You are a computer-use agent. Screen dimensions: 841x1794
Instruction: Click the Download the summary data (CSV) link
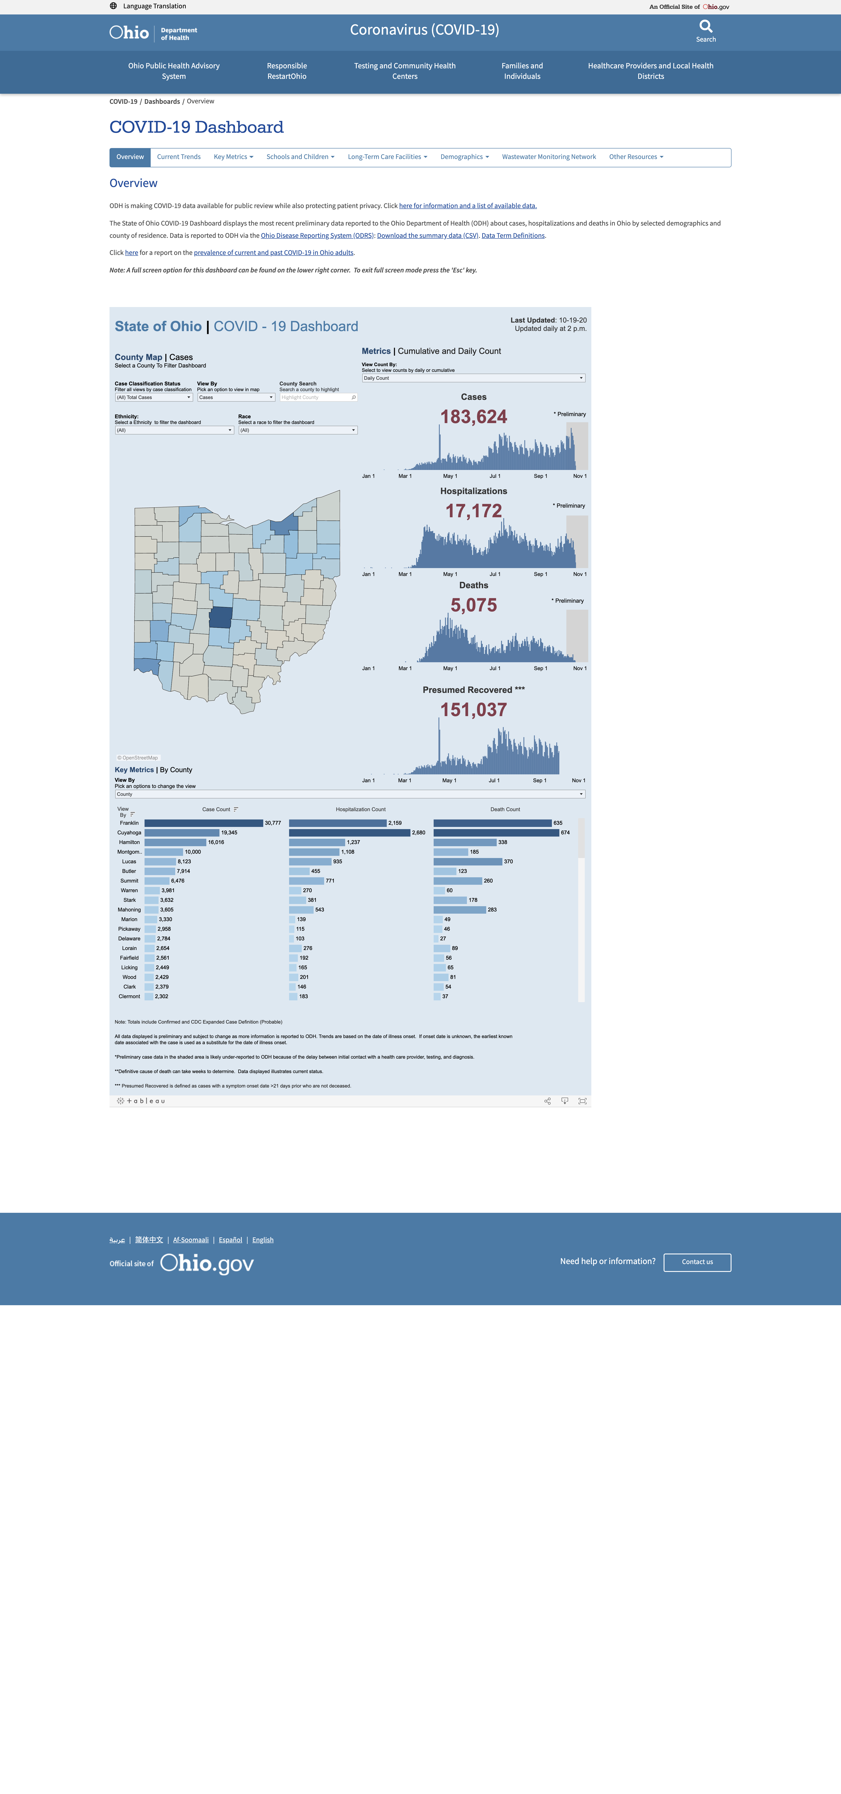[428, 235]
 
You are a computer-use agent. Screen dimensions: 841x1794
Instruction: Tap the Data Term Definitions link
[513, 235]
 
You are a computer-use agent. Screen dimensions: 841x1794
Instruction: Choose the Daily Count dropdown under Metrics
[474, 378]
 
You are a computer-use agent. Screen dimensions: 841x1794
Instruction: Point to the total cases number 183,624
[474, 417]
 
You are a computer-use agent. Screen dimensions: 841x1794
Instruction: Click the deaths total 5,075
[474, 605]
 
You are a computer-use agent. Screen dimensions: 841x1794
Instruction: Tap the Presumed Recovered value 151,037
[474, 710]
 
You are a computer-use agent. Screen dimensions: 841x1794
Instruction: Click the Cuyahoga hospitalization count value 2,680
[418, 833]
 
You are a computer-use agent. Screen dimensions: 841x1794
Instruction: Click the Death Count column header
[505, 809]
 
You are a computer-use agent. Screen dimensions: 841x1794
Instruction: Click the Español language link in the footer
[230, 1240]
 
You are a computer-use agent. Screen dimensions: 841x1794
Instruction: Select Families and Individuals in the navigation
[522, 71]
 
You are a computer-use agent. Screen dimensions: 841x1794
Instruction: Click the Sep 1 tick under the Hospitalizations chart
[540, 575]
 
